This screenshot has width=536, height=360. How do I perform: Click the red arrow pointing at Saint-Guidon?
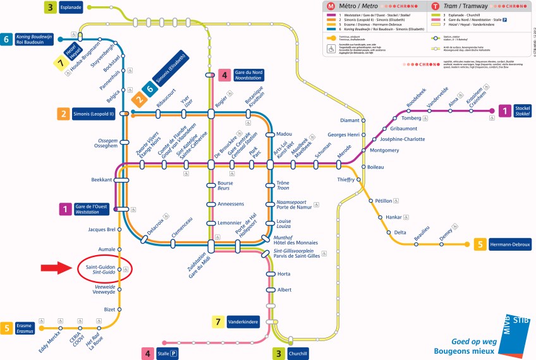(58, 269)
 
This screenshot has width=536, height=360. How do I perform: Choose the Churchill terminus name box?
(298, 354)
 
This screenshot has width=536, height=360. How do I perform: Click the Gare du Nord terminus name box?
(248, 75)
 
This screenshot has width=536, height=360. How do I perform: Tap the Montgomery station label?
(384, 150)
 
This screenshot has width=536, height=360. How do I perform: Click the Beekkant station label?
(101, 180)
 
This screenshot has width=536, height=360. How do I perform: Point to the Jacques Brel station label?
(102, 229)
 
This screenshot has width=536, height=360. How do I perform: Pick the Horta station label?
(284, 274)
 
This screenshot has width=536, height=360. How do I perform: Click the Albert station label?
(284, 289)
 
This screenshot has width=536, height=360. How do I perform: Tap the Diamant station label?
(349, 120)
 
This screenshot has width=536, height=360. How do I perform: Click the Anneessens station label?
(230, 204)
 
